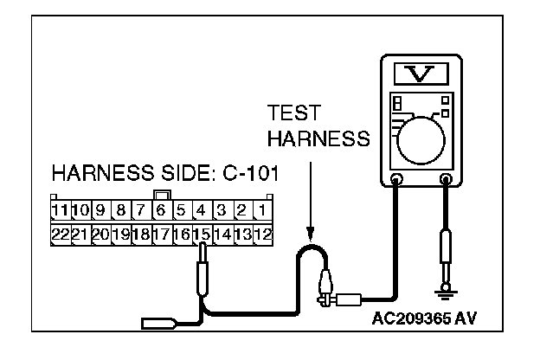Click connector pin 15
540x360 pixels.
coord(202,233)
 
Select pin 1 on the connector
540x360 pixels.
coord(263,210)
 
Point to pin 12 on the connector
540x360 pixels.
coord(263,233)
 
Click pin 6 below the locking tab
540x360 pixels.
coord(160,210)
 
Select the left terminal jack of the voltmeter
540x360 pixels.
coord(397,181)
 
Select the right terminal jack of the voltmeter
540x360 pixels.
coord(447,181)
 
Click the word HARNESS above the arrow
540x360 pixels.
coord(318,138)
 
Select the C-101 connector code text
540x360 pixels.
coord(247,173)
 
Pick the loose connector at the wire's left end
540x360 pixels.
coord(160,325)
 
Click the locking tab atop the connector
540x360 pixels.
coord(160,194)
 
